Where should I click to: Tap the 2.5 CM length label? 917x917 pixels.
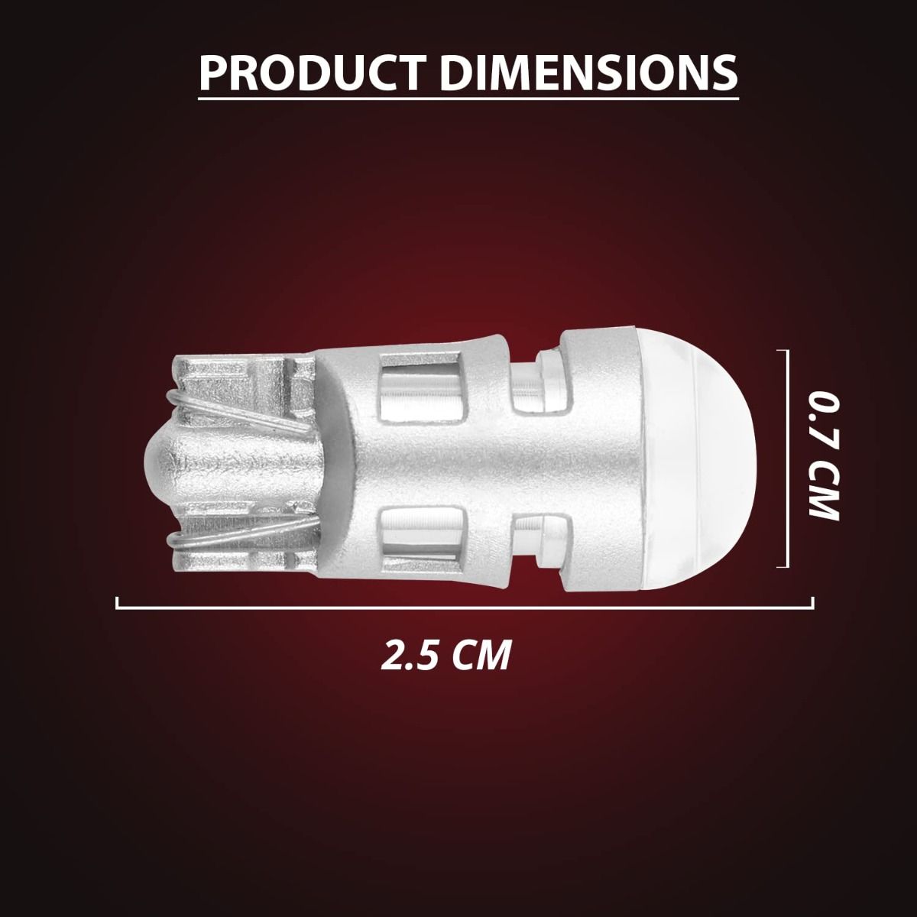tap(446, 655)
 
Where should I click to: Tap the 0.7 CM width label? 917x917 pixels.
tap(824, 455)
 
